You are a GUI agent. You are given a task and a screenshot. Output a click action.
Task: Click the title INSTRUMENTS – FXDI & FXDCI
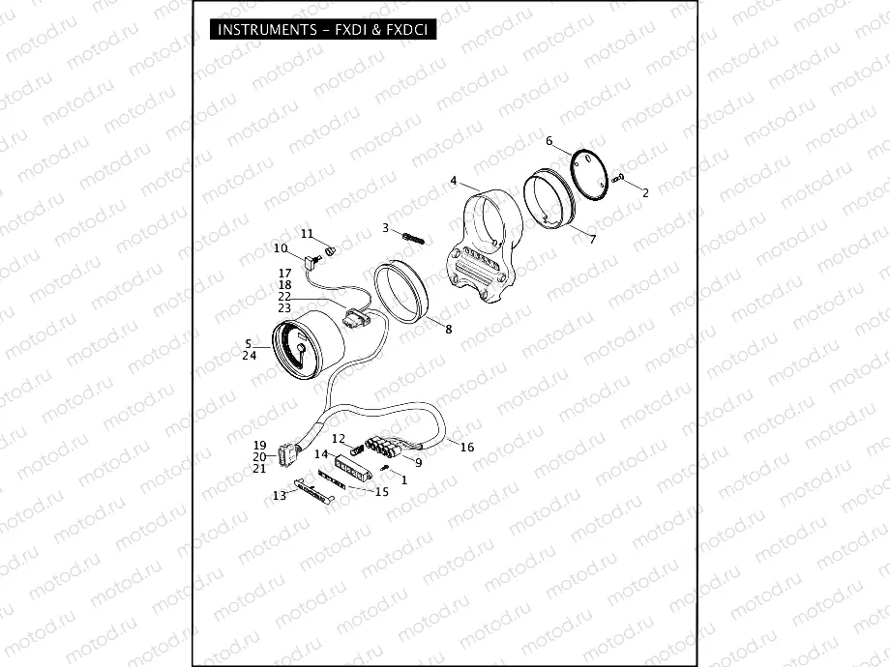coord(322,30)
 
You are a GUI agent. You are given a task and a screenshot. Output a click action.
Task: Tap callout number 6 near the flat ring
coord(549,141)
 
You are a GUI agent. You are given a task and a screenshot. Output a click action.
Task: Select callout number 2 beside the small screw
coord(645,192)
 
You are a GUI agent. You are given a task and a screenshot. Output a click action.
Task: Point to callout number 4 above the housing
coord(453,181)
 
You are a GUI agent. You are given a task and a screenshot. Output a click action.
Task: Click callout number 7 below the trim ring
coord(593,240)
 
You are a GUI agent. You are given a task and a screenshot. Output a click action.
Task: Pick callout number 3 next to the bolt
coord(385,228)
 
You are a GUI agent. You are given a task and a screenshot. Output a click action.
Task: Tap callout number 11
coord(307,234)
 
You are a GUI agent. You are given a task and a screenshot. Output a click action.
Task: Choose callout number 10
coord(281,248)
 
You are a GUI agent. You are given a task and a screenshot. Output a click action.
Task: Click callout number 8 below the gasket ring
coord(449,330)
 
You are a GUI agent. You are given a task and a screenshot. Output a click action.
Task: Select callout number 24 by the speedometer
coord(250,356)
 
